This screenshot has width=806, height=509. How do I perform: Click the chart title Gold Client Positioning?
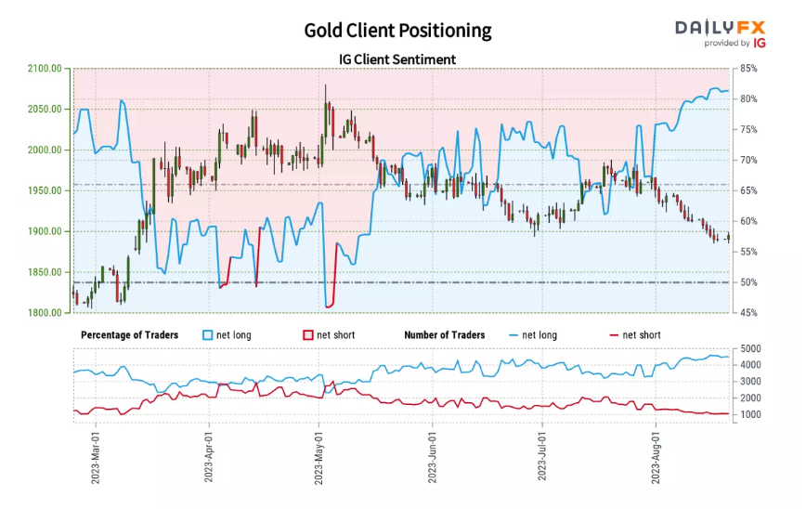[397, 31]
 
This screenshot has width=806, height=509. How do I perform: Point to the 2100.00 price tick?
[45, 69]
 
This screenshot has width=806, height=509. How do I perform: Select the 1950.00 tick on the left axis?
[45, 190]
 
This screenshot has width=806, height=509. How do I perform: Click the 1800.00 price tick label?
[45, 313]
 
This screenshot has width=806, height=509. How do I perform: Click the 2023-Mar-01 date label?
[97, 455]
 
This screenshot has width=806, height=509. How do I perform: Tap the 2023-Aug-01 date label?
[656, 455]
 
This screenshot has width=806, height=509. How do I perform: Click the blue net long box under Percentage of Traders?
[208, 334]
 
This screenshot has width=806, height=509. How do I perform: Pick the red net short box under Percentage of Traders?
[309, 334]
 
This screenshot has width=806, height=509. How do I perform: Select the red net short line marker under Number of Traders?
[612, 334]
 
